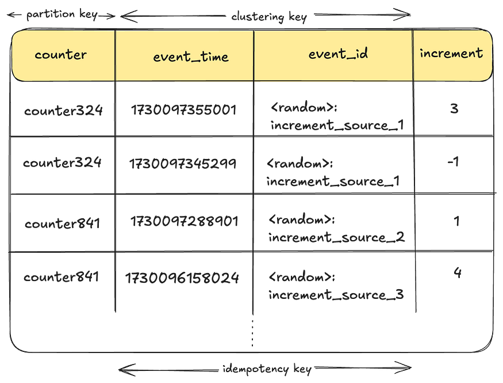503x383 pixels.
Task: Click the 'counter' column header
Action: click(60, 55)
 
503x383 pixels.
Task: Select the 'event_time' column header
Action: click(190, 56)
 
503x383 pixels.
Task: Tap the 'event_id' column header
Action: click(338, 54)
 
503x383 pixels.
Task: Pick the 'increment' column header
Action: click(451, 53)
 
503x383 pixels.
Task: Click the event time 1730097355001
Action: click(184, 110)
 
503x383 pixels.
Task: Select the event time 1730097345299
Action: click(183, 164)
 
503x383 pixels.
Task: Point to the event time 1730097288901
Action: click(184, 221)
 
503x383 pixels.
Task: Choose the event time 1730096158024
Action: click(182, 278)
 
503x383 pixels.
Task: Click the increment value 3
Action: click(454, 109)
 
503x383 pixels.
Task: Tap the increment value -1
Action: click(453, 161)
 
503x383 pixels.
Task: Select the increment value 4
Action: click(458, 272)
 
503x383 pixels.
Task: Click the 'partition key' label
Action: click(62, 14)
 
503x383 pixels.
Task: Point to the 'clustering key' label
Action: click(269, 16)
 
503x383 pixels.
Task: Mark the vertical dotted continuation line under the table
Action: click(252, 333)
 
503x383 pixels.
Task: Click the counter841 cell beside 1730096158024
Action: click(61, 276)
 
